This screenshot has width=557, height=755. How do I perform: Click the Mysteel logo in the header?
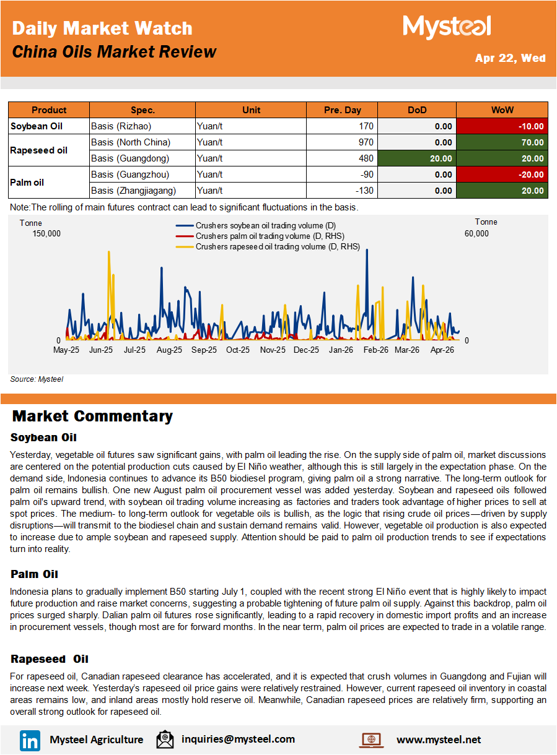447,27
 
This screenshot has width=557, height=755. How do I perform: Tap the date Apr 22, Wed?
510,58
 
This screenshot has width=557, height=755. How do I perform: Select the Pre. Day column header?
342,110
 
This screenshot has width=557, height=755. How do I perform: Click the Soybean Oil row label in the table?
37,126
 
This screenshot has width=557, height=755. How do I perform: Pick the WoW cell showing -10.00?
502,126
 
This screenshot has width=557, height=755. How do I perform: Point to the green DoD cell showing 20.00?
416,158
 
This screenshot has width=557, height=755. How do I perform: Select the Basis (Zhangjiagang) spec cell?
133,191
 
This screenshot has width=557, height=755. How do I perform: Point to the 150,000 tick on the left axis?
46,233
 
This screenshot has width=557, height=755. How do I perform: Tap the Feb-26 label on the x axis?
375,350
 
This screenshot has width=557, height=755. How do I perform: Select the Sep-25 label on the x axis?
204,350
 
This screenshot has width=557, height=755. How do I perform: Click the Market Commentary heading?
92,416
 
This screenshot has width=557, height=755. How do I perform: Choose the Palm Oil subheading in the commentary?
34,575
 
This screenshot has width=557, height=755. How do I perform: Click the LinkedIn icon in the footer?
30,740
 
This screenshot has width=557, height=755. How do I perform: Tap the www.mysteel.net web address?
438,740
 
